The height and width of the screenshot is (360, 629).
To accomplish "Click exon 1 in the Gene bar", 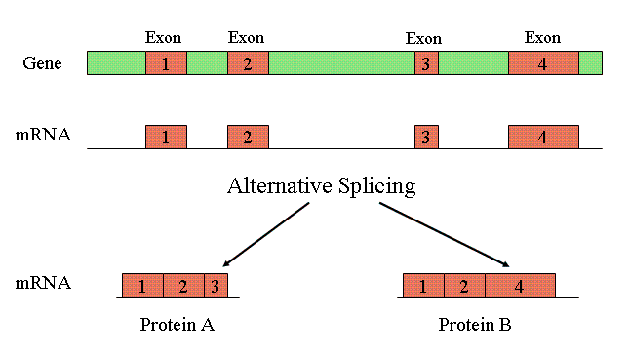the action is (166, 63).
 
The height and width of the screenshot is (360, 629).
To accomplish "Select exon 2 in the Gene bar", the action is (248, 63).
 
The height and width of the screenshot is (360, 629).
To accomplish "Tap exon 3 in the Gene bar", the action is (426, 63).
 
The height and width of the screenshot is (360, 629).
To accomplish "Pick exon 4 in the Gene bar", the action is (543, 63).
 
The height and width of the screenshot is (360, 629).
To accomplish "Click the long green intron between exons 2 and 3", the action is (341, 63).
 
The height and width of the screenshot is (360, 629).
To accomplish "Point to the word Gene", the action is (42, 63).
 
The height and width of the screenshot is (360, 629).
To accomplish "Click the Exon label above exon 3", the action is (423, 38).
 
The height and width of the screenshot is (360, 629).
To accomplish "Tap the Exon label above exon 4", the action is (542, 37).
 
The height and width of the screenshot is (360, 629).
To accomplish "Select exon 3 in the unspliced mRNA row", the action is (426, 137).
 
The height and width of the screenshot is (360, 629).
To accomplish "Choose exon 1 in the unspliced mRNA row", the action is (166, 137).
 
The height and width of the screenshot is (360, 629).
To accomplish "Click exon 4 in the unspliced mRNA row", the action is (543, 137).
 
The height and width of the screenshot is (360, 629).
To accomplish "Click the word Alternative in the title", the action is (280, 185).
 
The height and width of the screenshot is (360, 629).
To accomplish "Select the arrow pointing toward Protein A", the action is (266, 234).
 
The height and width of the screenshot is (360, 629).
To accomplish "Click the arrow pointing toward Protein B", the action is (444, 235).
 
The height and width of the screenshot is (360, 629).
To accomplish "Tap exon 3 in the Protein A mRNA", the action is (216, 285).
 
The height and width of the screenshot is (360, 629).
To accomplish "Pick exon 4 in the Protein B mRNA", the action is (521, 285).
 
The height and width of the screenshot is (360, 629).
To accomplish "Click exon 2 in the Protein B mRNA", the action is (464, 285).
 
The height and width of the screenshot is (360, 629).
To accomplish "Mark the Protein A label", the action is (177, 324).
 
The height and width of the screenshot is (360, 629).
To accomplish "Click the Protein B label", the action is (475, 324).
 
